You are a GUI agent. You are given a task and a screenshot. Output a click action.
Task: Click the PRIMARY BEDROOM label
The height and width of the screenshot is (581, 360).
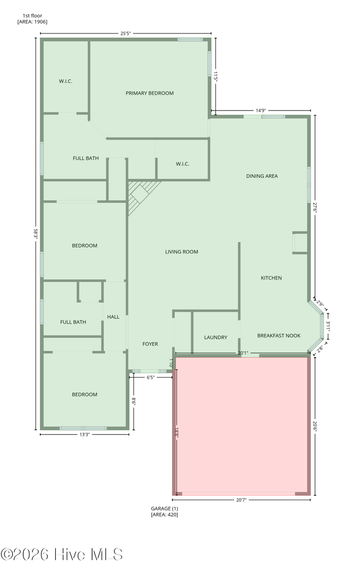(150, 94)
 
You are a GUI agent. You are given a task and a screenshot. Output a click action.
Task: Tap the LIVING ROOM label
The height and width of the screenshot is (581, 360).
(182, 252)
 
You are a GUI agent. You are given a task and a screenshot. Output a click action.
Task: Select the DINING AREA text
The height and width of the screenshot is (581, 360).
(262, 176)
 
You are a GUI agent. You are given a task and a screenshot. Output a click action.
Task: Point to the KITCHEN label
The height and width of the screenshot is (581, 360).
(271, 278)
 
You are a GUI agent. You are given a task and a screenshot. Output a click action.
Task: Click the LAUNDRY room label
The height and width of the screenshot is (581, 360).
(216, 338)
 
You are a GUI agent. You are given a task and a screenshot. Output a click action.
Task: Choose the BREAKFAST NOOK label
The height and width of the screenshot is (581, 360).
(279, 336)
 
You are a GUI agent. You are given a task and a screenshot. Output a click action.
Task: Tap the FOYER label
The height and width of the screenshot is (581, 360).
(150, 344)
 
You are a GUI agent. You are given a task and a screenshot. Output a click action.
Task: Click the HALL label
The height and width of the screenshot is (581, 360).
(113, 317)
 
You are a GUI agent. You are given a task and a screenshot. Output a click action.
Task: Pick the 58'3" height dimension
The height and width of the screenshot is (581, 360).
(36, 234)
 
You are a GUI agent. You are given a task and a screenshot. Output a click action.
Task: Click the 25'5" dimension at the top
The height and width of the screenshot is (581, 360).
(125, 33)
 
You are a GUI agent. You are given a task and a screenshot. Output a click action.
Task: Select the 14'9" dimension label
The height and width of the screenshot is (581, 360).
(261, 110)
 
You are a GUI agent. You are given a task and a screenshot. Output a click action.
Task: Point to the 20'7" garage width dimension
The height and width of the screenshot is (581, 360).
(241, 500)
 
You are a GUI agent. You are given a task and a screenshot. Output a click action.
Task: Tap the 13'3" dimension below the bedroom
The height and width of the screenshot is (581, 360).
(84, 435)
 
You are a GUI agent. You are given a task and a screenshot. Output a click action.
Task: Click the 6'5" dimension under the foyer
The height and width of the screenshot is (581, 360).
(150, 377)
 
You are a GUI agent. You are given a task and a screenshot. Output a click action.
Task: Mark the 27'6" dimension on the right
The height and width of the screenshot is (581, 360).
(315, 207)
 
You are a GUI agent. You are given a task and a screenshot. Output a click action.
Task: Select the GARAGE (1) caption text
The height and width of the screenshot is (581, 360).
(164, 509)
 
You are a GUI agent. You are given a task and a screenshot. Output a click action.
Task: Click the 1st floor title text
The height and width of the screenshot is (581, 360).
(32, 16)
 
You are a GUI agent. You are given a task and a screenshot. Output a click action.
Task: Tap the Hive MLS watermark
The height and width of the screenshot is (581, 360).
(62, 555)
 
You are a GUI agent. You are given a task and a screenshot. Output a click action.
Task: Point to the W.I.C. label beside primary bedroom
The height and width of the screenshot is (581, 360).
(183, 164)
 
